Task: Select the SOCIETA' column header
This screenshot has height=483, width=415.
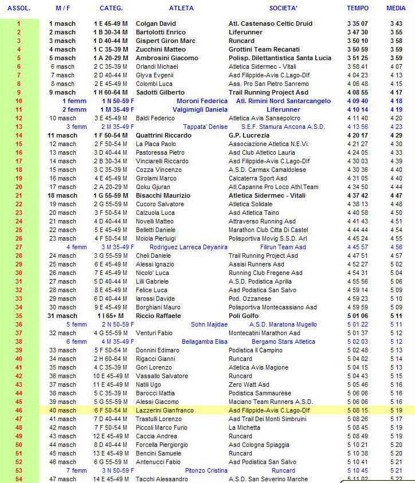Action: (283, 9)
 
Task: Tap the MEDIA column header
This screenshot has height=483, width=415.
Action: (396, 9)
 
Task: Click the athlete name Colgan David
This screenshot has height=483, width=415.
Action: (155, 23)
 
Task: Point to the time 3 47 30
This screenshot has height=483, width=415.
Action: (357, 32)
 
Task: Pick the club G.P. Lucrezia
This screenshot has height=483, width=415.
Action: (247, 135)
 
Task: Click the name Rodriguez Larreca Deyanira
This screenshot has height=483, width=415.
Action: (188, 247)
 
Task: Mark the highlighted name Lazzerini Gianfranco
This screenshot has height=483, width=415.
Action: (165, 410)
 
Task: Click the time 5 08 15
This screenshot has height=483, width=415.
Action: (357, 410)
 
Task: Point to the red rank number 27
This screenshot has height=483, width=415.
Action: (19, 247)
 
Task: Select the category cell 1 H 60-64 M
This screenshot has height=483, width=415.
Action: (110, 92)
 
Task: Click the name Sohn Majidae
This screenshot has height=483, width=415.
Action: (201, 324)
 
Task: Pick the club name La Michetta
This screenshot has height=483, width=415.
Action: (244, 427)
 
